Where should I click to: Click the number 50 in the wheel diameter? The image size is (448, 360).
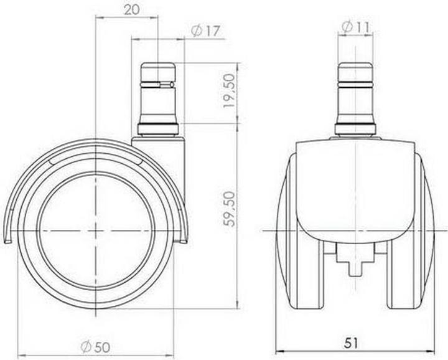tap(103, 346)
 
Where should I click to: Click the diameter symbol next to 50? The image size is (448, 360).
tap(87, 346)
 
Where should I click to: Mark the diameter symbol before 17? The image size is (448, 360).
tap(195, 31)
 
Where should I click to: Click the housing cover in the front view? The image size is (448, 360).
tap(355, 187)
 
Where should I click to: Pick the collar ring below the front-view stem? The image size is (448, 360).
tap(355, 130)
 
